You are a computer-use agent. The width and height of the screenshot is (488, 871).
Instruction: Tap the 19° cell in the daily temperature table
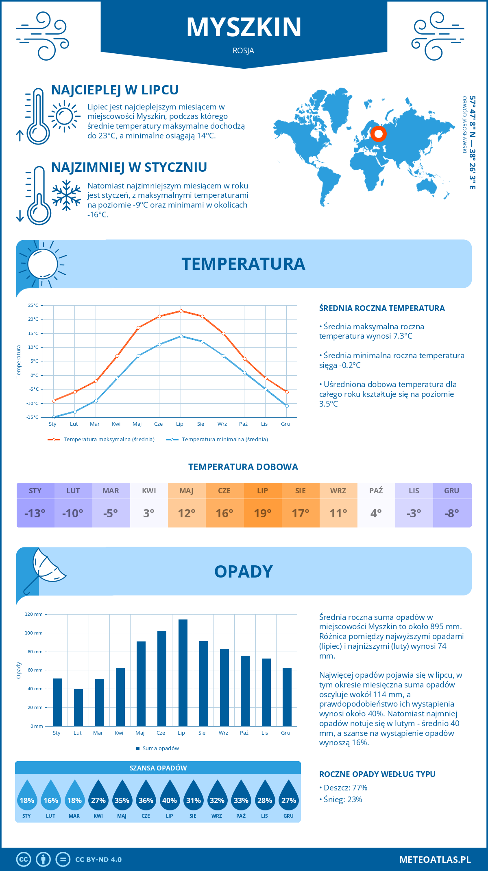(x=263, y=513)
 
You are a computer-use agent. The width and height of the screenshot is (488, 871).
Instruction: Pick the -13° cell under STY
(x=35, y=513)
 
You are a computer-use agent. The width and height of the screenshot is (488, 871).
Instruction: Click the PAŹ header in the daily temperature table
(x=376, y=491)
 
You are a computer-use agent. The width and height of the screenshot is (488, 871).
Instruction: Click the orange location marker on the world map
(x=379, y=133)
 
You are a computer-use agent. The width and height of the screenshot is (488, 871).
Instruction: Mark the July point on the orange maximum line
(x=181, y=311)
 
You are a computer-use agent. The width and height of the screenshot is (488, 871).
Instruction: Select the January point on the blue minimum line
(x=54, y=417)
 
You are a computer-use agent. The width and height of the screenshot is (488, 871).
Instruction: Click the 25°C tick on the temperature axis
(x=33, y=305)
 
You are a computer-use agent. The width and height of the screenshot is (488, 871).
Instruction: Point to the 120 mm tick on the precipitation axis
(x=34, y=614)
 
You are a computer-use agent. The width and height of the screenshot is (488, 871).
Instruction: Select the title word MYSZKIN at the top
(x=244, y=27)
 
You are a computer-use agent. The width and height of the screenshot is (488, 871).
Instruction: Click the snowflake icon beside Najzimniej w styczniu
(x=66, y=195)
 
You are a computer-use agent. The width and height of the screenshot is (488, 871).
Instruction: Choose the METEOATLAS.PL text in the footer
(x=435, y=860)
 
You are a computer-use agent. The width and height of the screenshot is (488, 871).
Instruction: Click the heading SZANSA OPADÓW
(x=158, y=768)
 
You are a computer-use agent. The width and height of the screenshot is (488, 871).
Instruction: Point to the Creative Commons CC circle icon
(x=24, y=860)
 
